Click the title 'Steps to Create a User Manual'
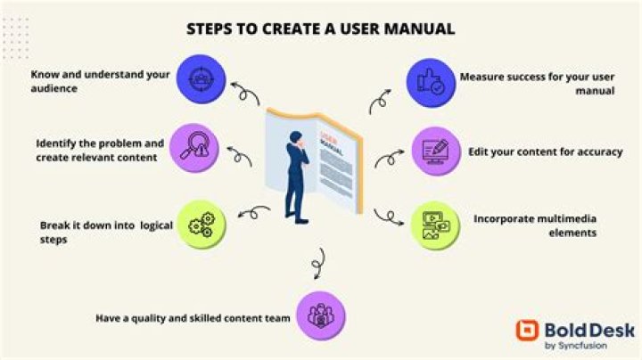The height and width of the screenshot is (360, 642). [x=320, y=29]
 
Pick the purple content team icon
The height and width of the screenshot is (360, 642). [x=317, y=315]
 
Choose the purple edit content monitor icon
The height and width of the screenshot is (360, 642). [x=433, y=151]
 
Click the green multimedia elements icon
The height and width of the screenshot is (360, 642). [x=433, y=226]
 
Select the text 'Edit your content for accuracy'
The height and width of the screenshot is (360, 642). [x=546, y=151]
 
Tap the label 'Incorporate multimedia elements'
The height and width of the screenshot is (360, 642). [x=535, y=225]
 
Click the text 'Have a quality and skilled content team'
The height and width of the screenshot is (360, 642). [x=193, y=316]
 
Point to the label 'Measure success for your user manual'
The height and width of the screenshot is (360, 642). [x=537, y=84]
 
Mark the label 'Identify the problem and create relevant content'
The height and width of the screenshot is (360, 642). [x=100, y=150]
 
